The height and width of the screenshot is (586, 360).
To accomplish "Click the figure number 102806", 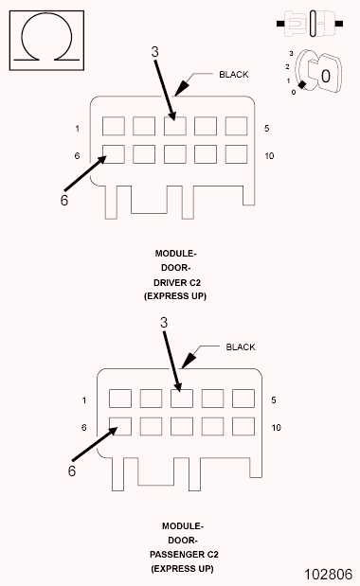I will [328, 574].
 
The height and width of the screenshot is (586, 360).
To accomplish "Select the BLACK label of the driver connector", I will [234, 74].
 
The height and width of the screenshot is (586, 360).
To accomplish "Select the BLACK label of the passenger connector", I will [241, 347].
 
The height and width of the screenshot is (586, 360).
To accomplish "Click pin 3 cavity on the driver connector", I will [175, 126].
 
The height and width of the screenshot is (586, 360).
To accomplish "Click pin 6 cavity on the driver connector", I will [114, 153].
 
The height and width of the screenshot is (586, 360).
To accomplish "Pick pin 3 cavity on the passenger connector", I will [182, 399].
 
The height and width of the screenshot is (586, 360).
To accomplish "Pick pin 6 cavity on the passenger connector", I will [120, 426].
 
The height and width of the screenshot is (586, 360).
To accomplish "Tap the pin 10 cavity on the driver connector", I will [236, 153].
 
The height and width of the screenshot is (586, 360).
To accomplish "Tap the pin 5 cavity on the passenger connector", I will [243, 399].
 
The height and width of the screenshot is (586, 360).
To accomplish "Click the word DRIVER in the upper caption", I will [175, 282].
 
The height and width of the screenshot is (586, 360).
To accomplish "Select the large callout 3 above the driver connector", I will [155, 53].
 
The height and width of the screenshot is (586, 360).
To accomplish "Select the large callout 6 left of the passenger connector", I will [71, 470].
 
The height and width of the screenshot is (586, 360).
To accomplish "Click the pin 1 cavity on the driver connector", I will [114, 126].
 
